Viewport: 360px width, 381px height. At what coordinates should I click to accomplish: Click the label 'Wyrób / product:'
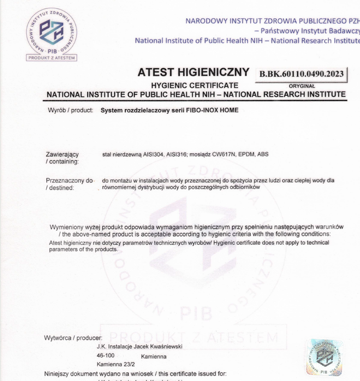coord(70,110)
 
